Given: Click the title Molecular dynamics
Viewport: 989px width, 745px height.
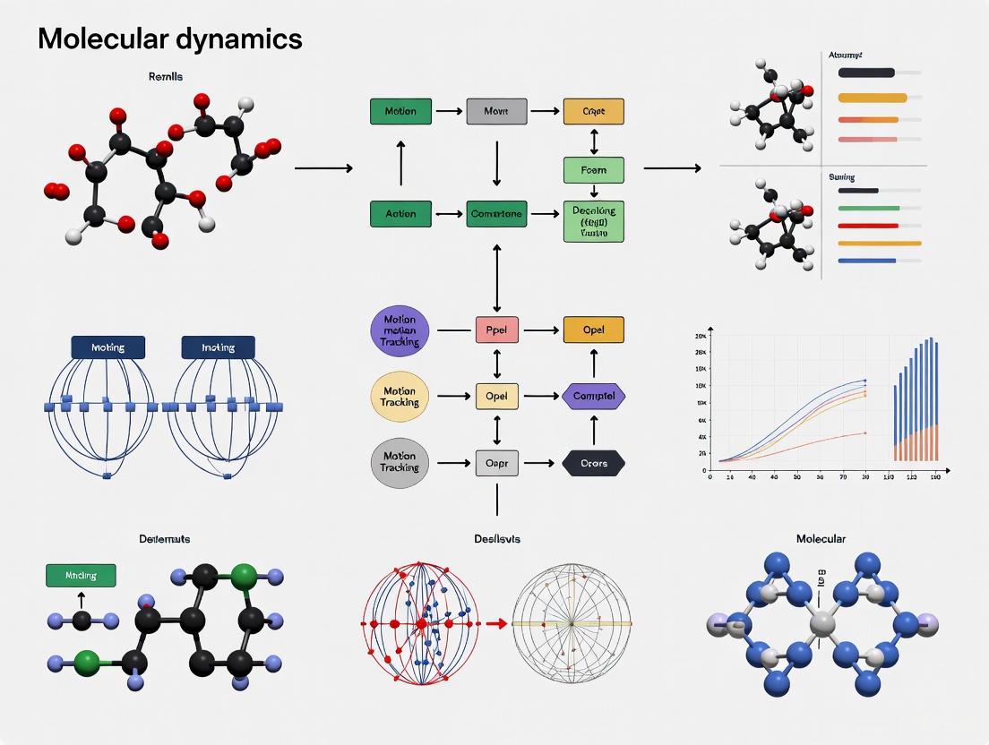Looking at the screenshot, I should click(x=170, y=39).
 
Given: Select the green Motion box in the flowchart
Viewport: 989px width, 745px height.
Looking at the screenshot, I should click(x=400, y=112).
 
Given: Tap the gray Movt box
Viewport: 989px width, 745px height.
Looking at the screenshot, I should click(x=495, y=112).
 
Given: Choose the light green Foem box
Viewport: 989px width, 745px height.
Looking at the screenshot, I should click(x=593, y=170).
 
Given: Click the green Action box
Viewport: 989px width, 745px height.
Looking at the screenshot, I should click(x=400, y=214).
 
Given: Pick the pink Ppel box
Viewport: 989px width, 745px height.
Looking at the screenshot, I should click(x=495, y=330).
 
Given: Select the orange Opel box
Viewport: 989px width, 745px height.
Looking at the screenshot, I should click(x=593, y=330).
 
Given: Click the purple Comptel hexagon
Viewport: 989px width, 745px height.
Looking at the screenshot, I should click(x=593, y=395).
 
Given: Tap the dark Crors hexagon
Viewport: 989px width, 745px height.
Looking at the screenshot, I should click(x=593, y=463).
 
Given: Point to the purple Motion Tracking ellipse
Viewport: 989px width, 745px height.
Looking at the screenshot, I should click(x=400, y=330).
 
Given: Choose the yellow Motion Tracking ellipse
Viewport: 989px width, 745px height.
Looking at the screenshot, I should click(x=400, y=397).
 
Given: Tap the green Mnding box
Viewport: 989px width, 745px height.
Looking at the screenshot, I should click(x=81, y=576).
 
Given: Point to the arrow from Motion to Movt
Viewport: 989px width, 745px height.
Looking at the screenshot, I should click(x=448, y=112).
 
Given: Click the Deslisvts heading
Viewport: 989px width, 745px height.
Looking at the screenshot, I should click(x=497, y=539).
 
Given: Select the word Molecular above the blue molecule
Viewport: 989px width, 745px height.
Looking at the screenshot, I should click(x=821, y=539).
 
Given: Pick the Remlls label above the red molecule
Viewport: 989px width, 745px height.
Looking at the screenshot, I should click(x=166, y=77).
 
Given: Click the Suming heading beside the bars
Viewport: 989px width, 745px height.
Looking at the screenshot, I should click(x=841, y=178).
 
